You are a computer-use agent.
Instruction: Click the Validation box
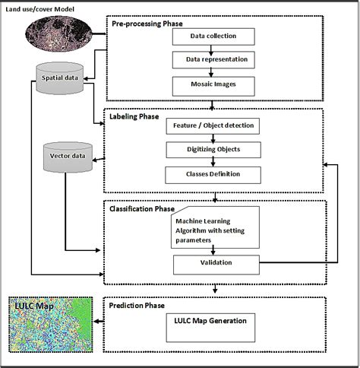215,263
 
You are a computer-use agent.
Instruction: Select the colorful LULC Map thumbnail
50,324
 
